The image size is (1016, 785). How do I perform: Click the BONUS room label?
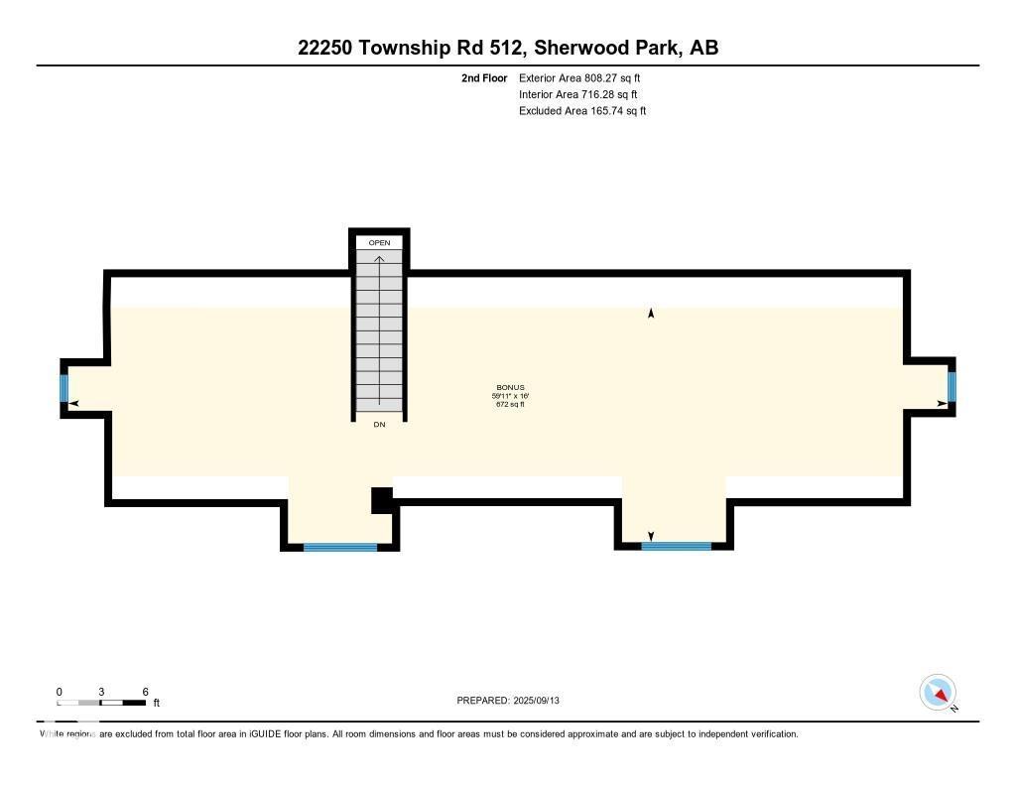[x=510, y=387]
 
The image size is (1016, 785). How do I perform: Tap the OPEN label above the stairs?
[x=379, y=243]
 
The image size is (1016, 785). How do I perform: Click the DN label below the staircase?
[x=379, y=425]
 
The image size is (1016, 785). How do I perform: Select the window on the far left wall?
[x=64, y=387]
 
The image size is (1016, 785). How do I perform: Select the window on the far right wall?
[x=952, y=387]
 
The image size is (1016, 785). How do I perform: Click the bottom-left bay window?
[x=340, y=547]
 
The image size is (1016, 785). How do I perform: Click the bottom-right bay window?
[x=677, y=546]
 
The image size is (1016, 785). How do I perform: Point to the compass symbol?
[x=938, y=692]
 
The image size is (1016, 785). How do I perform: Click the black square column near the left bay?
[x=382, y=500]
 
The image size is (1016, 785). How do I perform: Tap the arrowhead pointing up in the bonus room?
[x=651, y=314]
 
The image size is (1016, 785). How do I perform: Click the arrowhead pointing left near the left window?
[x=73, y=403]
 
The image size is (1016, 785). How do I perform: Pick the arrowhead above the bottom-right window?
[x=650, y=537]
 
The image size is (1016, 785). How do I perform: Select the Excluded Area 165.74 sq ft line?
[x=582, y=111]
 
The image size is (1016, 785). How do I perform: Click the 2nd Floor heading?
[x=484, y=77]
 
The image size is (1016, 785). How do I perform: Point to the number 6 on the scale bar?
[x=145, y=692]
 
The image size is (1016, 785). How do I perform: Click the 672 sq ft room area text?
[x=510, y=404]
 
